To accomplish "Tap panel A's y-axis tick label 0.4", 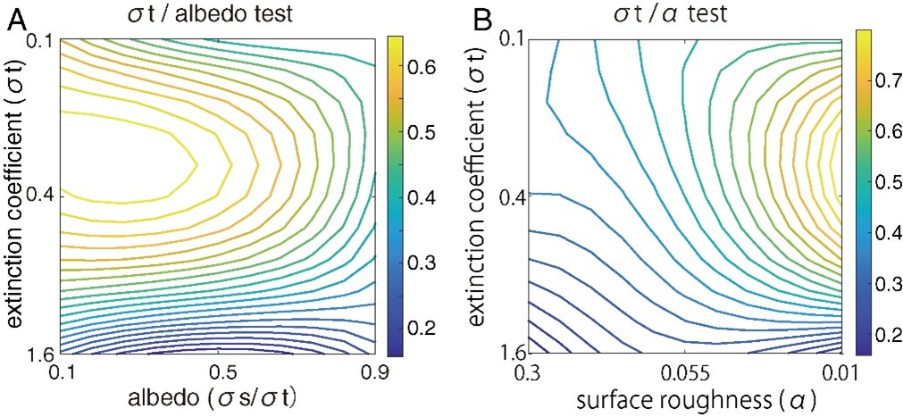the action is click(x=42, y=196).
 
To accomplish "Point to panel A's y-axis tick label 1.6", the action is click(x=42, y=353).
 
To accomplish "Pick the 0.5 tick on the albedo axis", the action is click(x=218, y=370).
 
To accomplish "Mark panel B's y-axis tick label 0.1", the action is click(x=512, y=40).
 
